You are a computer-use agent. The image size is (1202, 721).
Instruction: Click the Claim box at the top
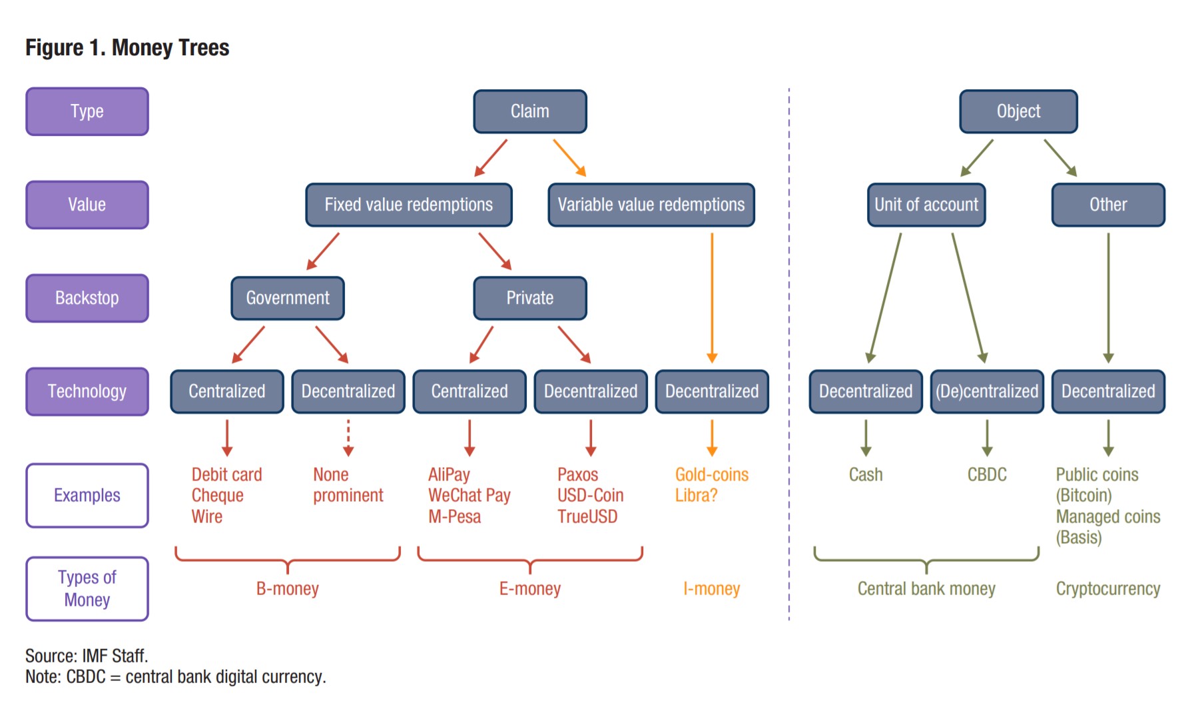tap(530, 111)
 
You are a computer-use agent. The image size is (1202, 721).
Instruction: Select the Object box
tap(1018, 111)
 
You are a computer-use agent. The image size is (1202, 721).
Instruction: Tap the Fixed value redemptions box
tap(409, 205)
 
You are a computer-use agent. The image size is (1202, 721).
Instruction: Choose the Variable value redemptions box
tap(651, 205)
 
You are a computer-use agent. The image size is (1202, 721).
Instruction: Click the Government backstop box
tap(288, 298)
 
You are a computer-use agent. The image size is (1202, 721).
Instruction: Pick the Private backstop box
tap(530, 298)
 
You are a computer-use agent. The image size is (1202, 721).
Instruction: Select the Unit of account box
tap(926, 205)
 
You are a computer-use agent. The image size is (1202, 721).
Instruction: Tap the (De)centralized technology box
tap(987, 391)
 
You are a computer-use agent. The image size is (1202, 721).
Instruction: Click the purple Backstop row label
tap(87, 298)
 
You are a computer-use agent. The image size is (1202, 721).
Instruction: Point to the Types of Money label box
tap(87, 588)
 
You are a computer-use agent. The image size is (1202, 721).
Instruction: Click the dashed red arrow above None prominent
tap(348, 438)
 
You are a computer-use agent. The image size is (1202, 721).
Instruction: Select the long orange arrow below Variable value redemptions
tap(712, 298)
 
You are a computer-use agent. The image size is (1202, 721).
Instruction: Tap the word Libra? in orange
tap(697, 495)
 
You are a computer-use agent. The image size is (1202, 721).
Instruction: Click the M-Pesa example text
tap(455, 516)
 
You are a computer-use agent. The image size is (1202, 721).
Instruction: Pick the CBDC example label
tap(987, 474)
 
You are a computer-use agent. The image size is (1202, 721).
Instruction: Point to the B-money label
tap(288, 588)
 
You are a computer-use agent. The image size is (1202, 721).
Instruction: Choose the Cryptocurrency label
tap(1108, 588)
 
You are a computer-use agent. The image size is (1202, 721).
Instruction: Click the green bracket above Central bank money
tap(926, 560)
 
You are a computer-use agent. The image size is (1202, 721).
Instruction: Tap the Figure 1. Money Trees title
tap(127, 47)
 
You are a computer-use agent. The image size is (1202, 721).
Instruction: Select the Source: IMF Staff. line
tap(87, 656)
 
